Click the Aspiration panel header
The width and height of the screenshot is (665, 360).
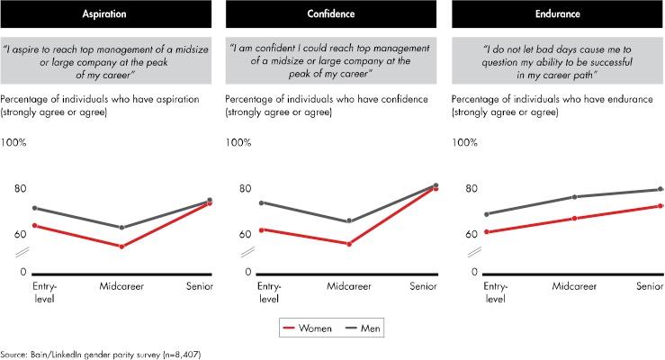pos(105,14)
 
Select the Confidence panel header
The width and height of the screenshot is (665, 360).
pos(331,14)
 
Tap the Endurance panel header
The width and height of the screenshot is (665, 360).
pos(558,14)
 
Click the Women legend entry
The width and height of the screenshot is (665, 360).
pos(307,328)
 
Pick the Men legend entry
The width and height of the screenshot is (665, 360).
pos(363,328)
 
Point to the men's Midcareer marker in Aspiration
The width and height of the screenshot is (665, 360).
pos(121,228)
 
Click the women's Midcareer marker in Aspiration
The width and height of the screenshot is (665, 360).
pos(121,247)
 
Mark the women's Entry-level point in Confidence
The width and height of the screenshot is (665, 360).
pos(261,229)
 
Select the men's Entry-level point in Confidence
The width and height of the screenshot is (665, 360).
pos(261,202)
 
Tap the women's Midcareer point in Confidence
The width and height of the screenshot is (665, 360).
pos(349,244)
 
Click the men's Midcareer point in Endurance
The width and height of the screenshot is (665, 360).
pos(575,197)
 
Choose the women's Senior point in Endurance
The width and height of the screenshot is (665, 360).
pos(660,206)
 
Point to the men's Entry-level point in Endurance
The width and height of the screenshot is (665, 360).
pos(487,214)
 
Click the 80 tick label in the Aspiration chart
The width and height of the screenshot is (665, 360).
pos(21,188)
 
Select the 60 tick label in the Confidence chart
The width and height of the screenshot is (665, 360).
pos(245,234)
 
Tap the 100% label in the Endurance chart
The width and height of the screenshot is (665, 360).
pos(465,142)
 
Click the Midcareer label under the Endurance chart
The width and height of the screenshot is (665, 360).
pos(574,286)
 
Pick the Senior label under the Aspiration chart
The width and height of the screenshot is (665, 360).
pos(200,286)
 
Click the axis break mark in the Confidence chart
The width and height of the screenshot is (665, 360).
pos(247,252)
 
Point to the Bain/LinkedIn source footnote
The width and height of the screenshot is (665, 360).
pos(101,354)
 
